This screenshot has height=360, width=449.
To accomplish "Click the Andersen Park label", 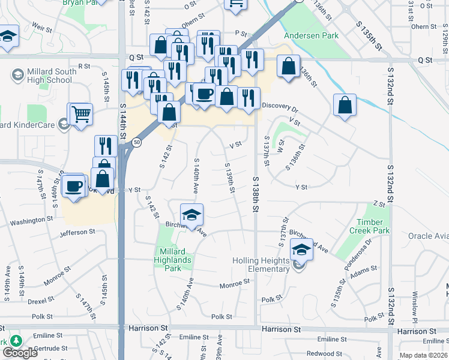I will [312, 35].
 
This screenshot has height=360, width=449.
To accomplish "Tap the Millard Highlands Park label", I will [175, 260].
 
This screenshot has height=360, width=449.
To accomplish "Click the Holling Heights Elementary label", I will [261, 265].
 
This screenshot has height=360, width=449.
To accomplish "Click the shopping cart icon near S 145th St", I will [80, 113].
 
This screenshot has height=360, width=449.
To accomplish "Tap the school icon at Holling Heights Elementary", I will [302, 249].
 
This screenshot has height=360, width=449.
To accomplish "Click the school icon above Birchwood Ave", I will [191, 214].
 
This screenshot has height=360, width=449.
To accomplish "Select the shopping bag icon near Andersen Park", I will [289, 67].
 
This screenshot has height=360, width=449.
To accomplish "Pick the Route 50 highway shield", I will [137, 142].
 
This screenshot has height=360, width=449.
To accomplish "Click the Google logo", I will [20, 353].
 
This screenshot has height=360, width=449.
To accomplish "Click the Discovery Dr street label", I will [280, 109].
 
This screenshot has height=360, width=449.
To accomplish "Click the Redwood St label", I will [324, 353].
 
